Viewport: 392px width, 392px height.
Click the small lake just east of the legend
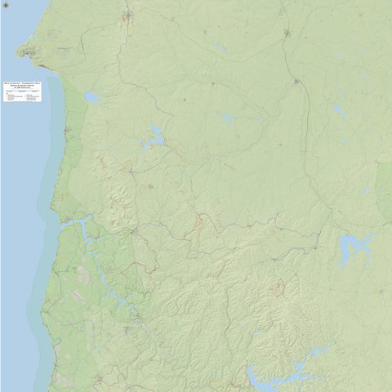click(91, 97)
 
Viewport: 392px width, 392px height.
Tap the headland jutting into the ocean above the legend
click(26, 52)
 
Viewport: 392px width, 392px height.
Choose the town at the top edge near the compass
click(128, 16)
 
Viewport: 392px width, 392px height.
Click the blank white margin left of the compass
click(3, 24)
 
